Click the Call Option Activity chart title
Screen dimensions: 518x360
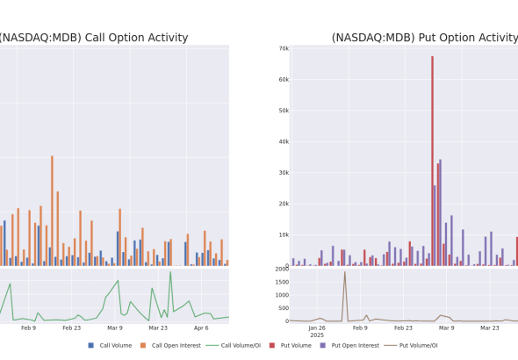point(94,38)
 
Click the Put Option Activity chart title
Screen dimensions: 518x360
point(425,38)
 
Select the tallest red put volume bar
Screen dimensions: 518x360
point(432,161)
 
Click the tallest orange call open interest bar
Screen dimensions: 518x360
point(52,211)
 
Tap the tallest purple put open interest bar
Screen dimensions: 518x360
point(440,212)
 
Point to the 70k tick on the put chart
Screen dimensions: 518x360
point(284,49)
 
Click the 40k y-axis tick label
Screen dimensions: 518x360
point(284,141)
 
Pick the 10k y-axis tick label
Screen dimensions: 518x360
point(284,234)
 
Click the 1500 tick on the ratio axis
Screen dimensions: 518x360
point(282,282)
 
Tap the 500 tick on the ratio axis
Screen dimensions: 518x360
point(284,308)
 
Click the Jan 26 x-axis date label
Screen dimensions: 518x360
point(317,328)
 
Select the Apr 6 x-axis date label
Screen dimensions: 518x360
point(201,328)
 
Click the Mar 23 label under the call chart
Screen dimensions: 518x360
point(158,328)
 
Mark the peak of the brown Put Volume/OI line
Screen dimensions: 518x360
point(344,272)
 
